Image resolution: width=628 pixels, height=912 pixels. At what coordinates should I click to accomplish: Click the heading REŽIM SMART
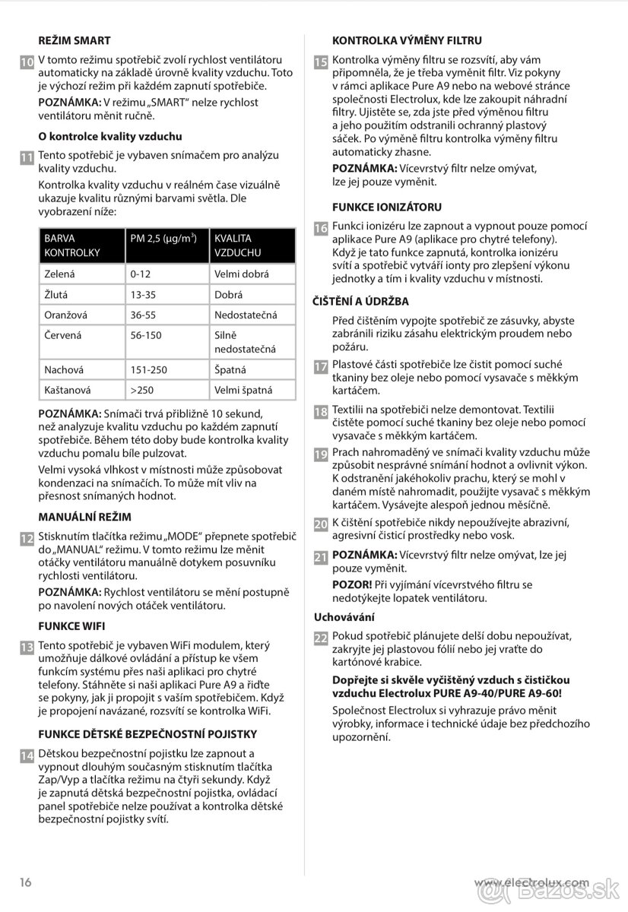75,40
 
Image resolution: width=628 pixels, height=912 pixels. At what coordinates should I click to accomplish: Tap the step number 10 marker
26,62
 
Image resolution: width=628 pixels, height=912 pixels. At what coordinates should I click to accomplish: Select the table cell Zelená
60,274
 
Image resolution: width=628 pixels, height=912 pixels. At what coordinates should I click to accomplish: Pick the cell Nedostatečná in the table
246,315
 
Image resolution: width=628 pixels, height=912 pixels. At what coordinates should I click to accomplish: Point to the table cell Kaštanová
68,390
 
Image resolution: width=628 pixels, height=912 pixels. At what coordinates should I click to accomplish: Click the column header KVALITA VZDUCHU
237,245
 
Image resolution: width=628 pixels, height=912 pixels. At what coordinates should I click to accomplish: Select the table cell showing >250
142,390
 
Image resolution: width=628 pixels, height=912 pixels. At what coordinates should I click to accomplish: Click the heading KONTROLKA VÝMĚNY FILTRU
408,40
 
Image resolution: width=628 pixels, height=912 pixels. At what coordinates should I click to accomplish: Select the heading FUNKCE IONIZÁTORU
387,207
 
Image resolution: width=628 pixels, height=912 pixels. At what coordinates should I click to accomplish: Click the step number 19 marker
321,454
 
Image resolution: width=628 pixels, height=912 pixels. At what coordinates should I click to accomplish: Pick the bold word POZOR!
352,584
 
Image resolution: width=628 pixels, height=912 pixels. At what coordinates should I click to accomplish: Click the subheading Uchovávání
344,617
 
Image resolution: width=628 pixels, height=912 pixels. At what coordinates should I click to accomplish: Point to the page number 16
26,882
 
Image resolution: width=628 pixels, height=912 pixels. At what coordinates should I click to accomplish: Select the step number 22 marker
321,638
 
